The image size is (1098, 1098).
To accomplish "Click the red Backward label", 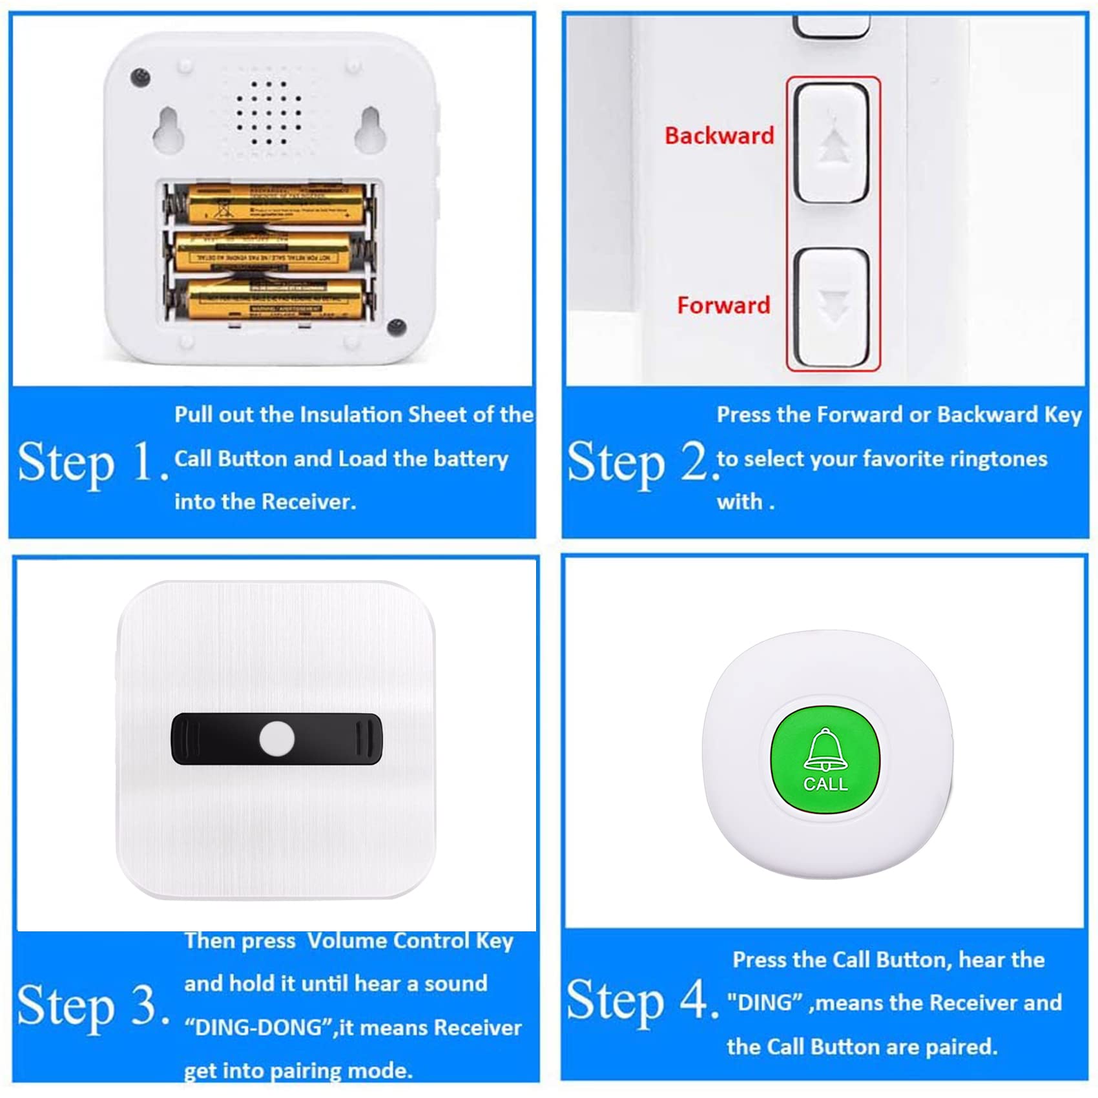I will [719, 136].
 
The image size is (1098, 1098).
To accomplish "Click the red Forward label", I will [723, 305].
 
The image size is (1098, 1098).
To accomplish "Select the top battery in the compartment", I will [274, 203].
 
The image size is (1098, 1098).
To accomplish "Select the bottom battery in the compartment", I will [274, 299].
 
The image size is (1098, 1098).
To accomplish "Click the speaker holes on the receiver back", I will [268, 113].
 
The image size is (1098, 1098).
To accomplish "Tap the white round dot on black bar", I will [277, 739].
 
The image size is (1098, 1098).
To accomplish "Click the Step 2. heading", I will [643, 463].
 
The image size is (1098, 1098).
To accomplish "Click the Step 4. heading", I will [643, 1001].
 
